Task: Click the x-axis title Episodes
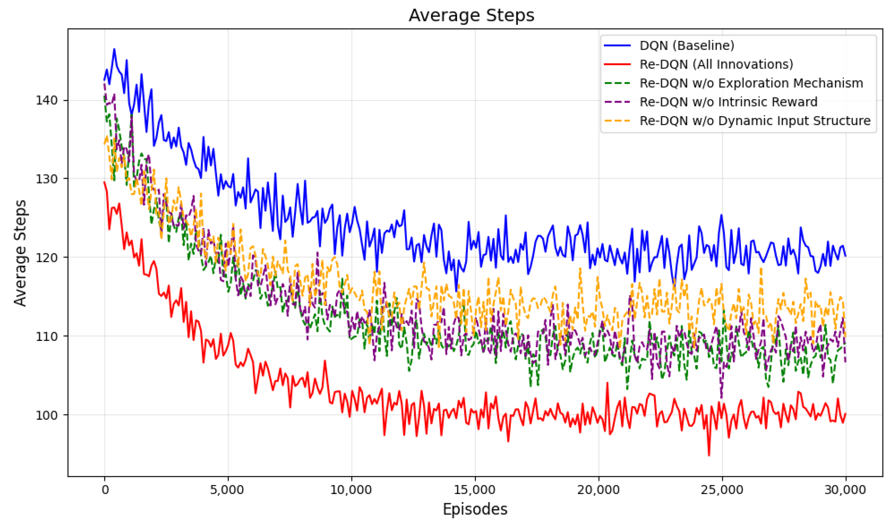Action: tap(475, 509)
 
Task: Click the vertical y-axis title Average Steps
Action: tap(20, 252)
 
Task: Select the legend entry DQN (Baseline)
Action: tap(687, 45)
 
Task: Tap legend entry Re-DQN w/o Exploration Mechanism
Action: tap(751, 83)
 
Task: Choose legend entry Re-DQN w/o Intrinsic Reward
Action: tap(728, 102)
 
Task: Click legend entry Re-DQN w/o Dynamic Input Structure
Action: tap(755, 121)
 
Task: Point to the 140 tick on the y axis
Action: tap(47, 100)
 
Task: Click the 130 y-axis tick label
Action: tap(47, 179)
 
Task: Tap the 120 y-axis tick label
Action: tap(47, 257)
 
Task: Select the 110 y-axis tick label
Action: tap(47, 336)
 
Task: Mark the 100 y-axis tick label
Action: tap(47, 415)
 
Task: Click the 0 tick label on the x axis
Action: tap(105, 490)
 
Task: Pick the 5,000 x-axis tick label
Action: tap(227, 490)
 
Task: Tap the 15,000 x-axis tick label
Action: tap(475, 490)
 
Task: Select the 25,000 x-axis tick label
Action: tap(722, 490)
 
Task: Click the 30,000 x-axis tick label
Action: tap(845, 490)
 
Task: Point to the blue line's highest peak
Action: tap(114, 49)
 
